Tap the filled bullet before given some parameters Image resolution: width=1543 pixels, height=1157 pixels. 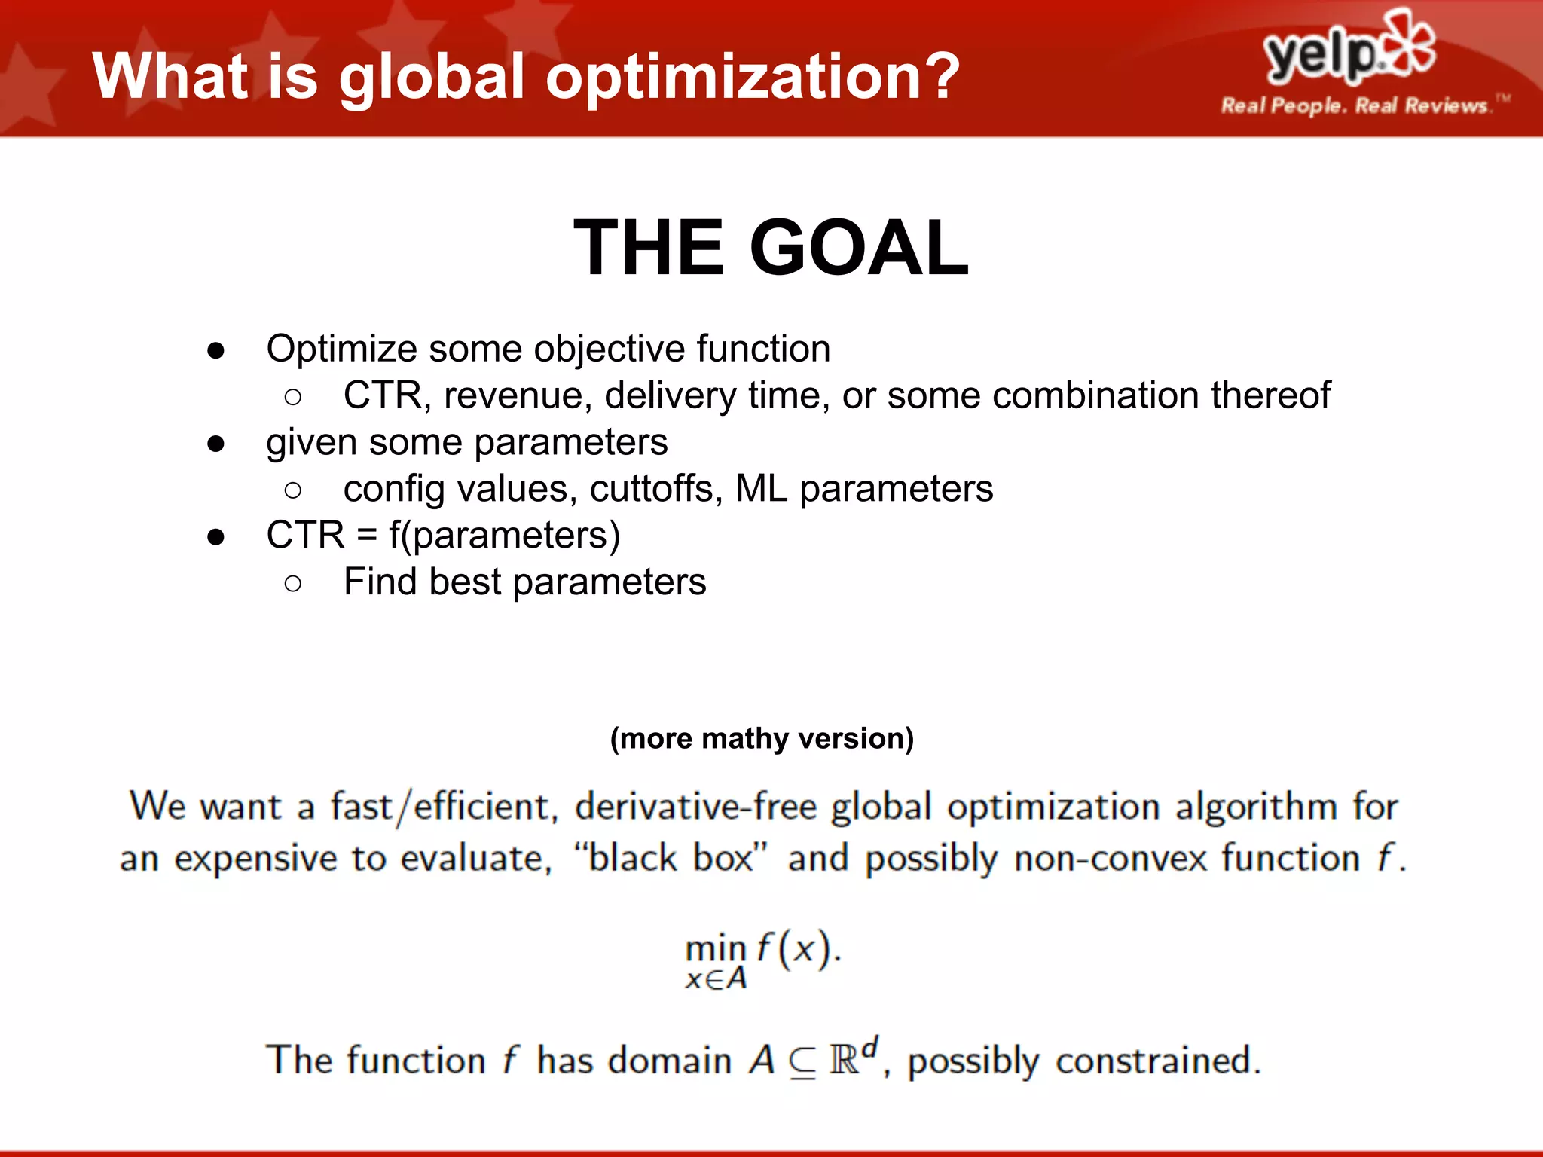coord(216,444)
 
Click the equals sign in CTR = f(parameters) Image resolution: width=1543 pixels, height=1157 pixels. coord(367,536)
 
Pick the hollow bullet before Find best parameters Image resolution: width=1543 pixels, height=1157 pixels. coord(293,583)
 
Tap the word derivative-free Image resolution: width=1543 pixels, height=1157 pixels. coord(695,807)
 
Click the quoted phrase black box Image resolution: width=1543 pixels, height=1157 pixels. coord(670,859)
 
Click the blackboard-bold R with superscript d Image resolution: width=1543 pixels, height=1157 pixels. coord(849,1058)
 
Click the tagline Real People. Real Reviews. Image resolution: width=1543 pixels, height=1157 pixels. coord(1354,106)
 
